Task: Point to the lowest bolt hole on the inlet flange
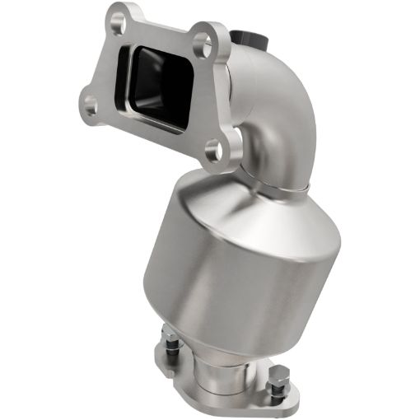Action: pyautogui.click(x=213, y=148)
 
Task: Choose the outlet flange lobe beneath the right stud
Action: pyautogui.click(x=288, y=402)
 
